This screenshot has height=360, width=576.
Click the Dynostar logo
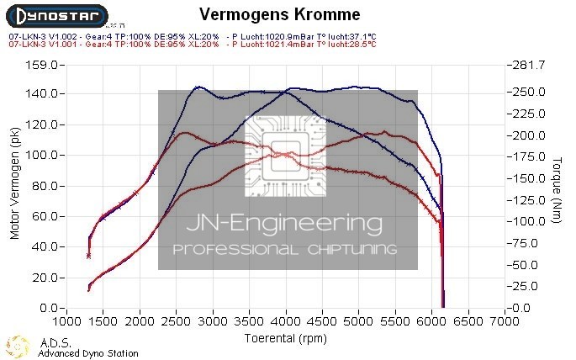click(56, 16)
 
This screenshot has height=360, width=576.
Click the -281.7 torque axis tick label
click(527, 64)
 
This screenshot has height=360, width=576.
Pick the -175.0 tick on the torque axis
click(527, 156)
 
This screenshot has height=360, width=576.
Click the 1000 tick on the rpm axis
click(68, 322)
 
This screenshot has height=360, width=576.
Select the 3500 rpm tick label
click(251, 322)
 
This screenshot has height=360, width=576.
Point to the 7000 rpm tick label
click(505, 322)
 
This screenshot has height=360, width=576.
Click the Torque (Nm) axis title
click(557, 186)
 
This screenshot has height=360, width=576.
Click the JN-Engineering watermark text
click(288, 225)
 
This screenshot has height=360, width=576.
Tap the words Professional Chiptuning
click(285, 250)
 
